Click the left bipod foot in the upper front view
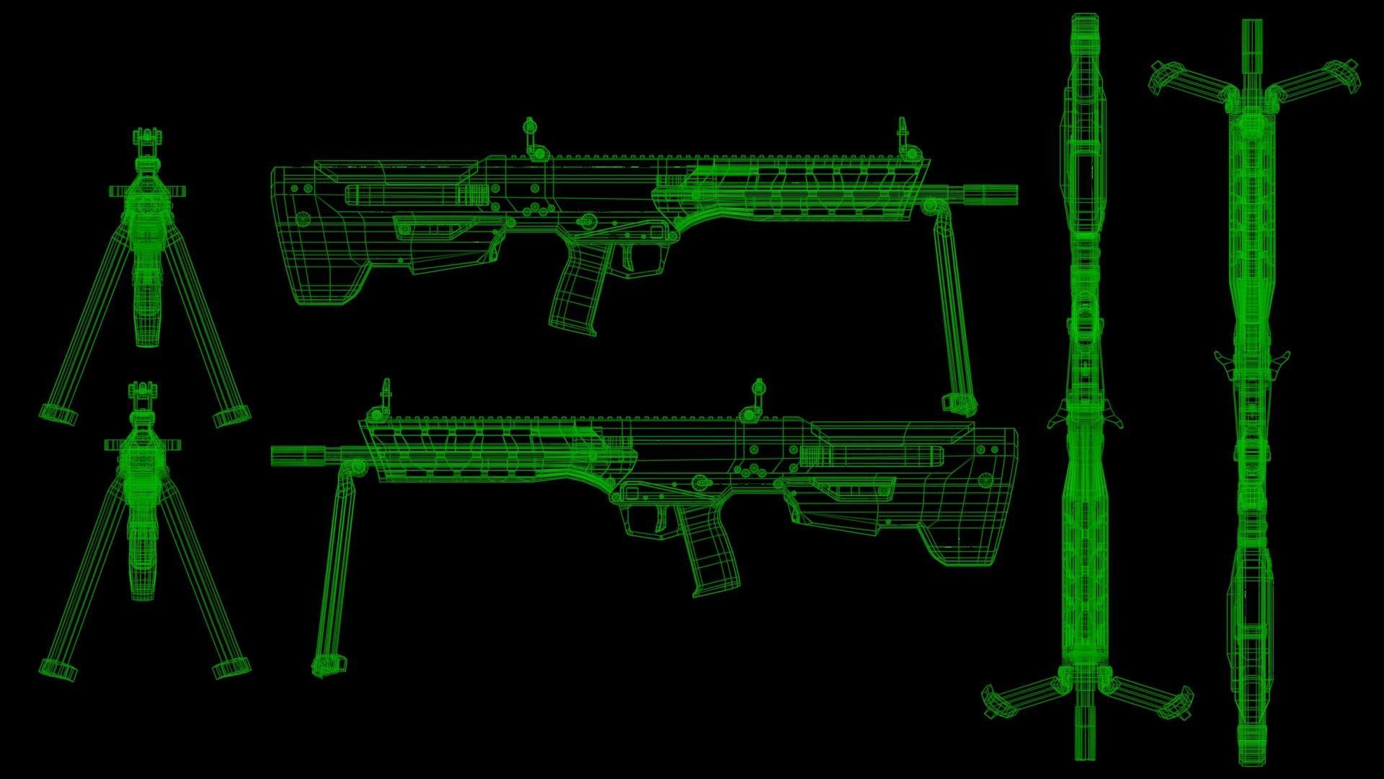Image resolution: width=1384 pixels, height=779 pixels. point(58,414)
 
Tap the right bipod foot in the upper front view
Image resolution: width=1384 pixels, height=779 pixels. point(231,415)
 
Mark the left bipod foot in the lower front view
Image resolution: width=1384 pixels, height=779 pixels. point(58,669)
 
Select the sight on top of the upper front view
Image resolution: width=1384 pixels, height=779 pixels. point(147,141)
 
